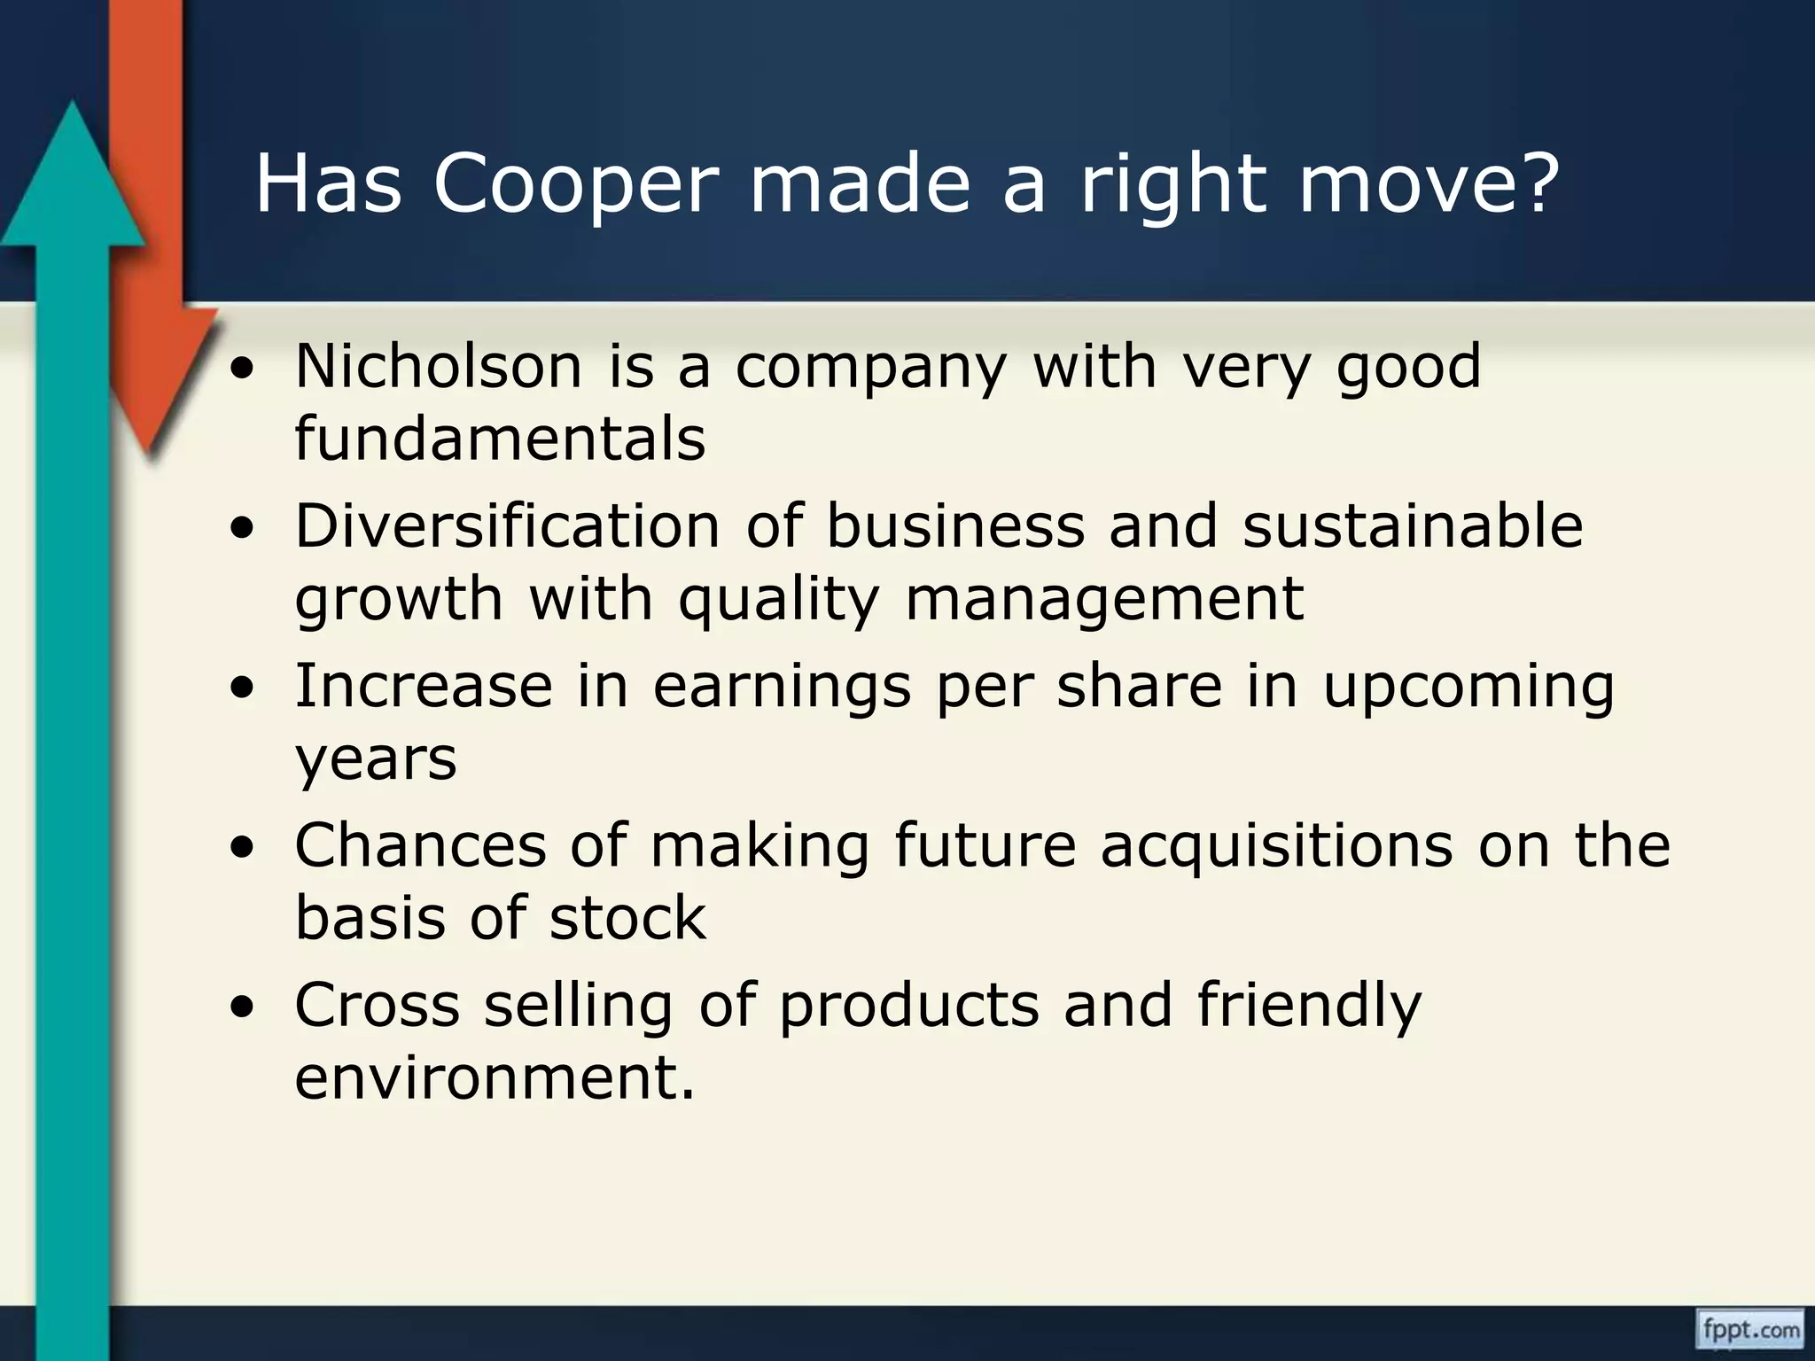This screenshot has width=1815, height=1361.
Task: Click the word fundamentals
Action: point(500,438)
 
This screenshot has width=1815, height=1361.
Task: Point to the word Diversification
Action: point(507,525)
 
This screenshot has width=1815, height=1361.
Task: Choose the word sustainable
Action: point(1412,525)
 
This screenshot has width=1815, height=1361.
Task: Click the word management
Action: point(1104,599)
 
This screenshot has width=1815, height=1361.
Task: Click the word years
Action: point(376,759)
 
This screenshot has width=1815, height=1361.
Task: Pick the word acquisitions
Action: point(1276,844)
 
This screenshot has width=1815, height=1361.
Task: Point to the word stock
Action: point(627,917)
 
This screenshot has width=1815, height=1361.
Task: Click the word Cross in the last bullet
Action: point(377,1005)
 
